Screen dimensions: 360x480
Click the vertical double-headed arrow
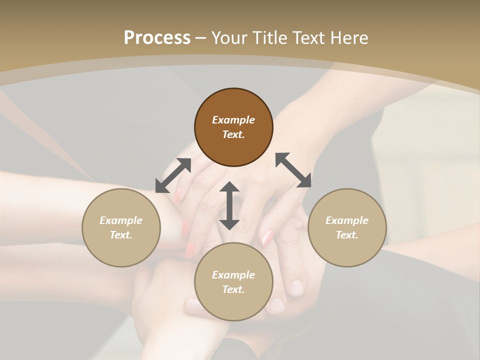pos(229,205)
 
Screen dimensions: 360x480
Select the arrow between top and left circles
pos(173,175)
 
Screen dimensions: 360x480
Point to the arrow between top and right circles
pos(293,170)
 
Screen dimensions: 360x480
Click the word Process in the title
pos(157,37)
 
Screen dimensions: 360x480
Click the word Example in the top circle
pos(233,120)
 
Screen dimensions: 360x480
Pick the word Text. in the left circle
pos(121,235)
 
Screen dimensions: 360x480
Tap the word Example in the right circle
pos(347,220)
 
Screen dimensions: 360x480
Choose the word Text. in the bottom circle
pos(233,289)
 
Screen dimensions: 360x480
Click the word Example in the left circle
pos(121,220)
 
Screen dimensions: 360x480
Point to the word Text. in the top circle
pos(233,134)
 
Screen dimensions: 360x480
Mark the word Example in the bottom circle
pos(233,275)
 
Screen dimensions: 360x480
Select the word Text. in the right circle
pos(347,235)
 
